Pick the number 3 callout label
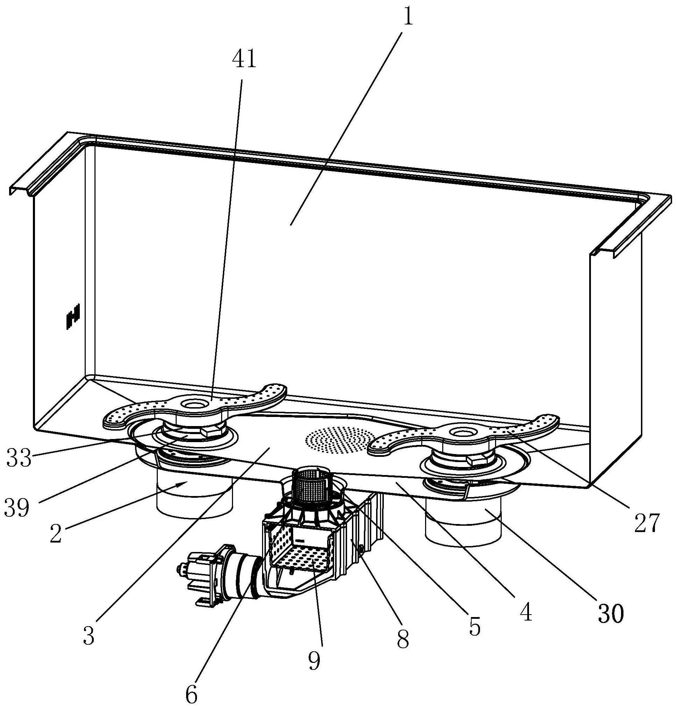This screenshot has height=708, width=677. click(89, 636)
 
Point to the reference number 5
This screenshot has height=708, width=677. click(474, 628)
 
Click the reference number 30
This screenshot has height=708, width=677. click(611, 614)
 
